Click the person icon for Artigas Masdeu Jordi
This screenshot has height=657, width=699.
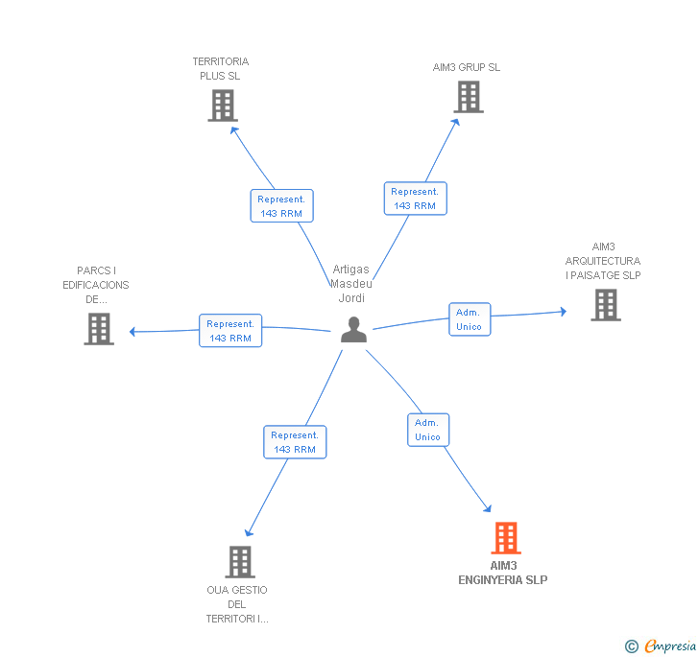click(x=354, y=330)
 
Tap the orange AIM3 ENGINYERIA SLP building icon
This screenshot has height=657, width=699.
click(x=506, y=538)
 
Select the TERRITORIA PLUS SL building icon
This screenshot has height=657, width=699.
click(x=222, y=106)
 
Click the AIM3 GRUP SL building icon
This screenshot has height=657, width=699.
click(x=468, y=97)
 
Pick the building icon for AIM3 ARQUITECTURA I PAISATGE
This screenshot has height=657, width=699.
click(x=605, y=305)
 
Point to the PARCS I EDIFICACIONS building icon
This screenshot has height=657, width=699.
click(x=99, y=329)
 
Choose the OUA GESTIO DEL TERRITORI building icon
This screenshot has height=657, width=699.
click(x=239, y=562)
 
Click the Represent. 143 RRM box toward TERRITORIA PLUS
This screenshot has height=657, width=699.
click(x=281, y=206)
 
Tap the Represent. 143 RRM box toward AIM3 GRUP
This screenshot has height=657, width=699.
click(x=415, y=199)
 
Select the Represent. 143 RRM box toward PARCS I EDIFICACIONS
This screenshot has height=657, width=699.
click(x=230, y=331)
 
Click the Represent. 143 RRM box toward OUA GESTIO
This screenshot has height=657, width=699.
click(x=295, y=442)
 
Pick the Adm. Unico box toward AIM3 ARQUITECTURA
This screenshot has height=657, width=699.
click(x=469, y=319)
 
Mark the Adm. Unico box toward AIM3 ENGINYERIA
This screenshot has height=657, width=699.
click(x=427, y=430)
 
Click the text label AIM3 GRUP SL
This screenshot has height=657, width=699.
click(x=467, y=67)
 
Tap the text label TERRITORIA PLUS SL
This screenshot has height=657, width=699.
click(x=220, y=68)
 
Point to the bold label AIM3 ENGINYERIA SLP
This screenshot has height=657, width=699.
click(x=503, y=573)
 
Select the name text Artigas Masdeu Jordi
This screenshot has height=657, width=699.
click(x=351, y=284)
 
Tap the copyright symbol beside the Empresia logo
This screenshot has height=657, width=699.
click(x=632, y=646)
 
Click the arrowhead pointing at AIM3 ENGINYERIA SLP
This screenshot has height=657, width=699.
click(x=488, y=508)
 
